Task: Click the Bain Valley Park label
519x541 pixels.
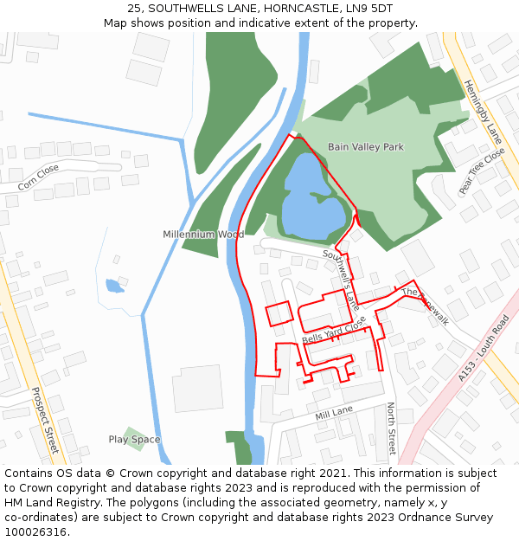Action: pyautogui.click(x=365, y=147)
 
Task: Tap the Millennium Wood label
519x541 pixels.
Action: pyautogui.click(x=203, y=235)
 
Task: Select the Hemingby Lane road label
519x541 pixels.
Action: pyautogui.click(x=482, y=112)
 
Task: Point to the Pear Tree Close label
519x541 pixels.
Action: pyautogui.click(x=482, y=171)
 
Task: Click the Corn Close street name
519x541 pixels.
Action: pyautogui.click(x=38, y=177)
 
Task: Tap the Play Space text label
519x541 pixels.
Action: pyautogui.click(x=134, y=440)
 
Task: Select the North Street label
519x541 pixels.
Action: pyautogui.click(x=391, y=428)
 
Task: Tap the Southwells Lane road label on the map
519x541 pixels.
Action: pyautogui.click(x=341, y=280)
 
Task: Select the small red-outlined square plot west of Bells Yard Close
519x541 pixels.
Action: pyautogui.click(x=278, y=314)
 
